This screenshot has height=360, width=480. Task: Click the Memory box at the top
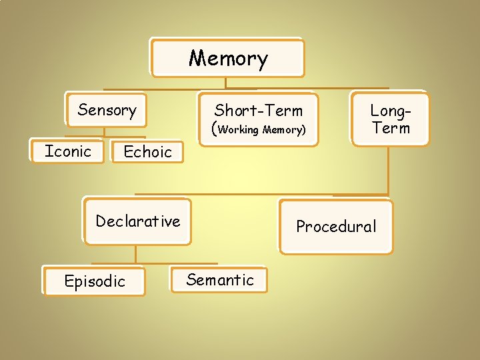pyautogui.click(x=227, y=58)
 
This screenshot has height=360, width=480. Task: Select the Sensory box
pyautogui.click(x=106, y=109)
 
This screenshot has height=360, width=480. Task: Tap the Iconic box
pyautogui.click(x=67, y=151)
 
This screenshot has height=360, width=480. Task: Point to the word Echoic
pyautogui.click(x=147, y=152)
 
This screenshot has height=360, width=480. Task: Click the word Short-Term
pyautogui.click(x=258, y=111)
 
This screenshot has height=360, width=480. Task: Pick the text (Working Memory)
pyautogui.click(x=259, y=129)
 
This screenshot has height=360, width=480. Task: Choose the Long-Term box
pyautogui.click(x=390, y=118)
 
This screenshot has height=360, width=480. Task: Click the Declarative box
pyautogui.click(x=137, y=221)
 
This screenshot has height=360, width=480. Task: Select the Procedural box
pyautogui.click(x=336, y=227)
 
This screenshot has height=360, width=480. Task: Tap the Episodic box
pyautogui.click(x=94, y=281)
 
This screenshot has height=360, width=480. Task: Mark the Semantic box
pyautogui.click(x=219, y=280)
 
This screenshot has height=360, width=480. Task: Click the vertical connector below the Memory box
pyautogui.click(x=225, y=82)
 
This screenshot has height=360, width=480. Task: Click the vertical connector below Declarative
pyautogui.click(x=136, y=253)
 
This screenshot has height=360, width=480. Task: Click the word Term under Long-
pyautogui.click(x=391, y=128)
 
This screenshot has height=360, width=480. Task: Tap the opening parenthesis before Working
pyautogui.click(x=214, y=129)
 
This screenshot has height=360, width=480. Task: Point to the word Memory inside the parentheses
pyautogui.click(x=283, y=130)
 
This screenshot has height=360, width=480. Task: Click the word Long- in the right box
pyautogui.click(x=390, y=110)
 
